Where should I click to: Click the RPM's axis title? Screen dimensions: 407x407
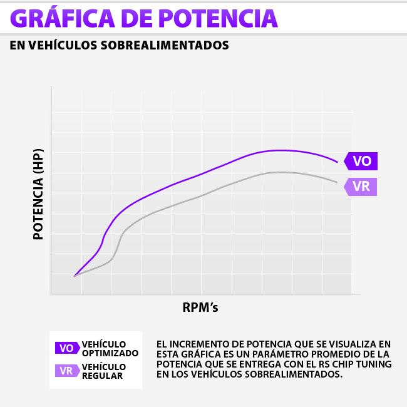200,307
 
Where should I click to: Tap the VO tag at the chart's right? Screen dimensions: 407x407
362,161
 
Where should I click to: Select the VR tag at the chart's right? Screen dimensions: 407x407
361,187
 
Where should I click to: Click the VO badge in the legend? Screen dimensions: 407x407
66,348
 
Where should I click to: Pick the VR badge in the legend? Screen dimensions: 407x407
66,371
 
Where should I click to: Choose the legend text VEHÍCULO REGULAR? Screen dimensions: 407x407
103,371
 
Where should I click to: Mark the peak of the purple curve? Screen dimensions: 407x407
281,150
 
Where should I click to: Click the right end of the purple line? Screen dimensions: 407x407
337,162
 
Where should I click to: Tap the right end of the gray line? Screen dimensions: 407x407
337,182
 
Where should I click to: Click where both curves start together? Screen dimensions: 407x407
75,276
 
